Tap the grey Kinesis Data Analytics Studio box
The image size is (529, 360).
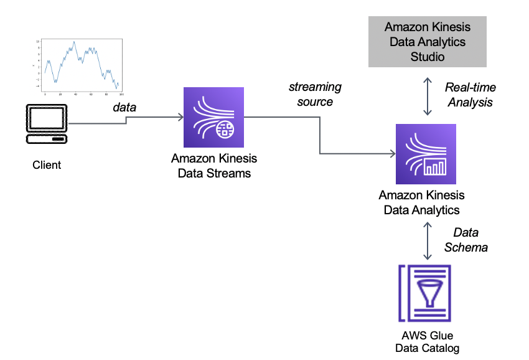pos(428,42)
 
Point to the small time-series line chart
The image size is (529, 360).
pos(78,65)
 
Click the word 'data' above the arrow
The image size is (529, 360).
pos(124,107)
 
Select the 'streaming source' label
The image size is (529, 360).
pos(315,94)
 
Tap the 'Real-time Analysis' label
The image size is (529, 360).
pos(470,95)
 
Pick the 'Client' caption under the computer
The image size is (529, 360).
pos(47,165)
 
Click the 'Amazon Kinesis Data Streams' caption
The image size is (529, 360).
pos(214,166)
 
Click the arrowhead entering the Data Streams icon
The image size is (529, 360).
pos(180,117)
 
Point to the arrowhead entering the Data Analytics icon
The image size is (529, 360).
pos(392,154)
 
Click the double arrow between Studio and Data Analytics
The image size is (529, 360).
pos(428,96)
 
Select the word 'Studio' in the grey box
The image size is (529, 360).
pos(428,56)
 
